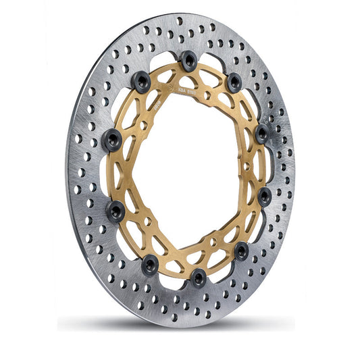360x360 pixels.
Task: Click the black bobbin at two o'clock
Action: coord(262,132)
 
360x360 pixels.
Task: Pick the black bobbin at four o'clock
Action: coord(264,197)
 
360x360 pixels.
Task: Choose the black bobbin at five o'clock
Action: coord(241,251)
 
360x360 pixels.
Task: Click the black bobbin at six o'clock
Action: coord(199,276)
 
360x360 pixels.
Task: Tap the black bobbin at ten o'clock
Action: coord(111,140)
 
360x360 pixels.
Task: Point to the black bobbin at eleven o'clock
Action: coord(141,83)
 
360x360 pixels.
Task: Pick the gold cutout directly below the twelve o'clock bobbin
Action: coord(187,76)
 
